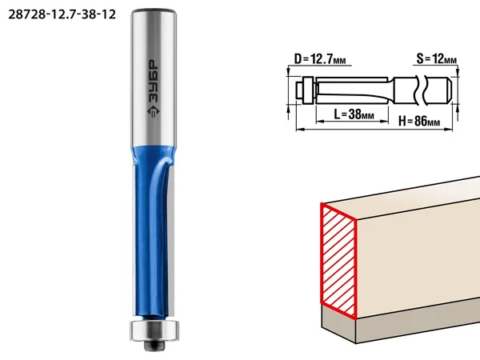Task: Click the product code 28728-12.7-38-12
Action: [x=62, y=14]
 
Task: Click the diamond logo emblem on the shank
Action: [x=154, y=111]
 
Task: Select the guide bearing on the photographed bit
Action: [x=154, y=330]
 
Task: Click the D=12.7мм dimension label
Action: [x=320, y=58]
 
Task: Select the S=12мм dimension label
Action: [x=437, y=58]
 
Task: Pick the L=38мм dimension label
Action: [x=354, y=114]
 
